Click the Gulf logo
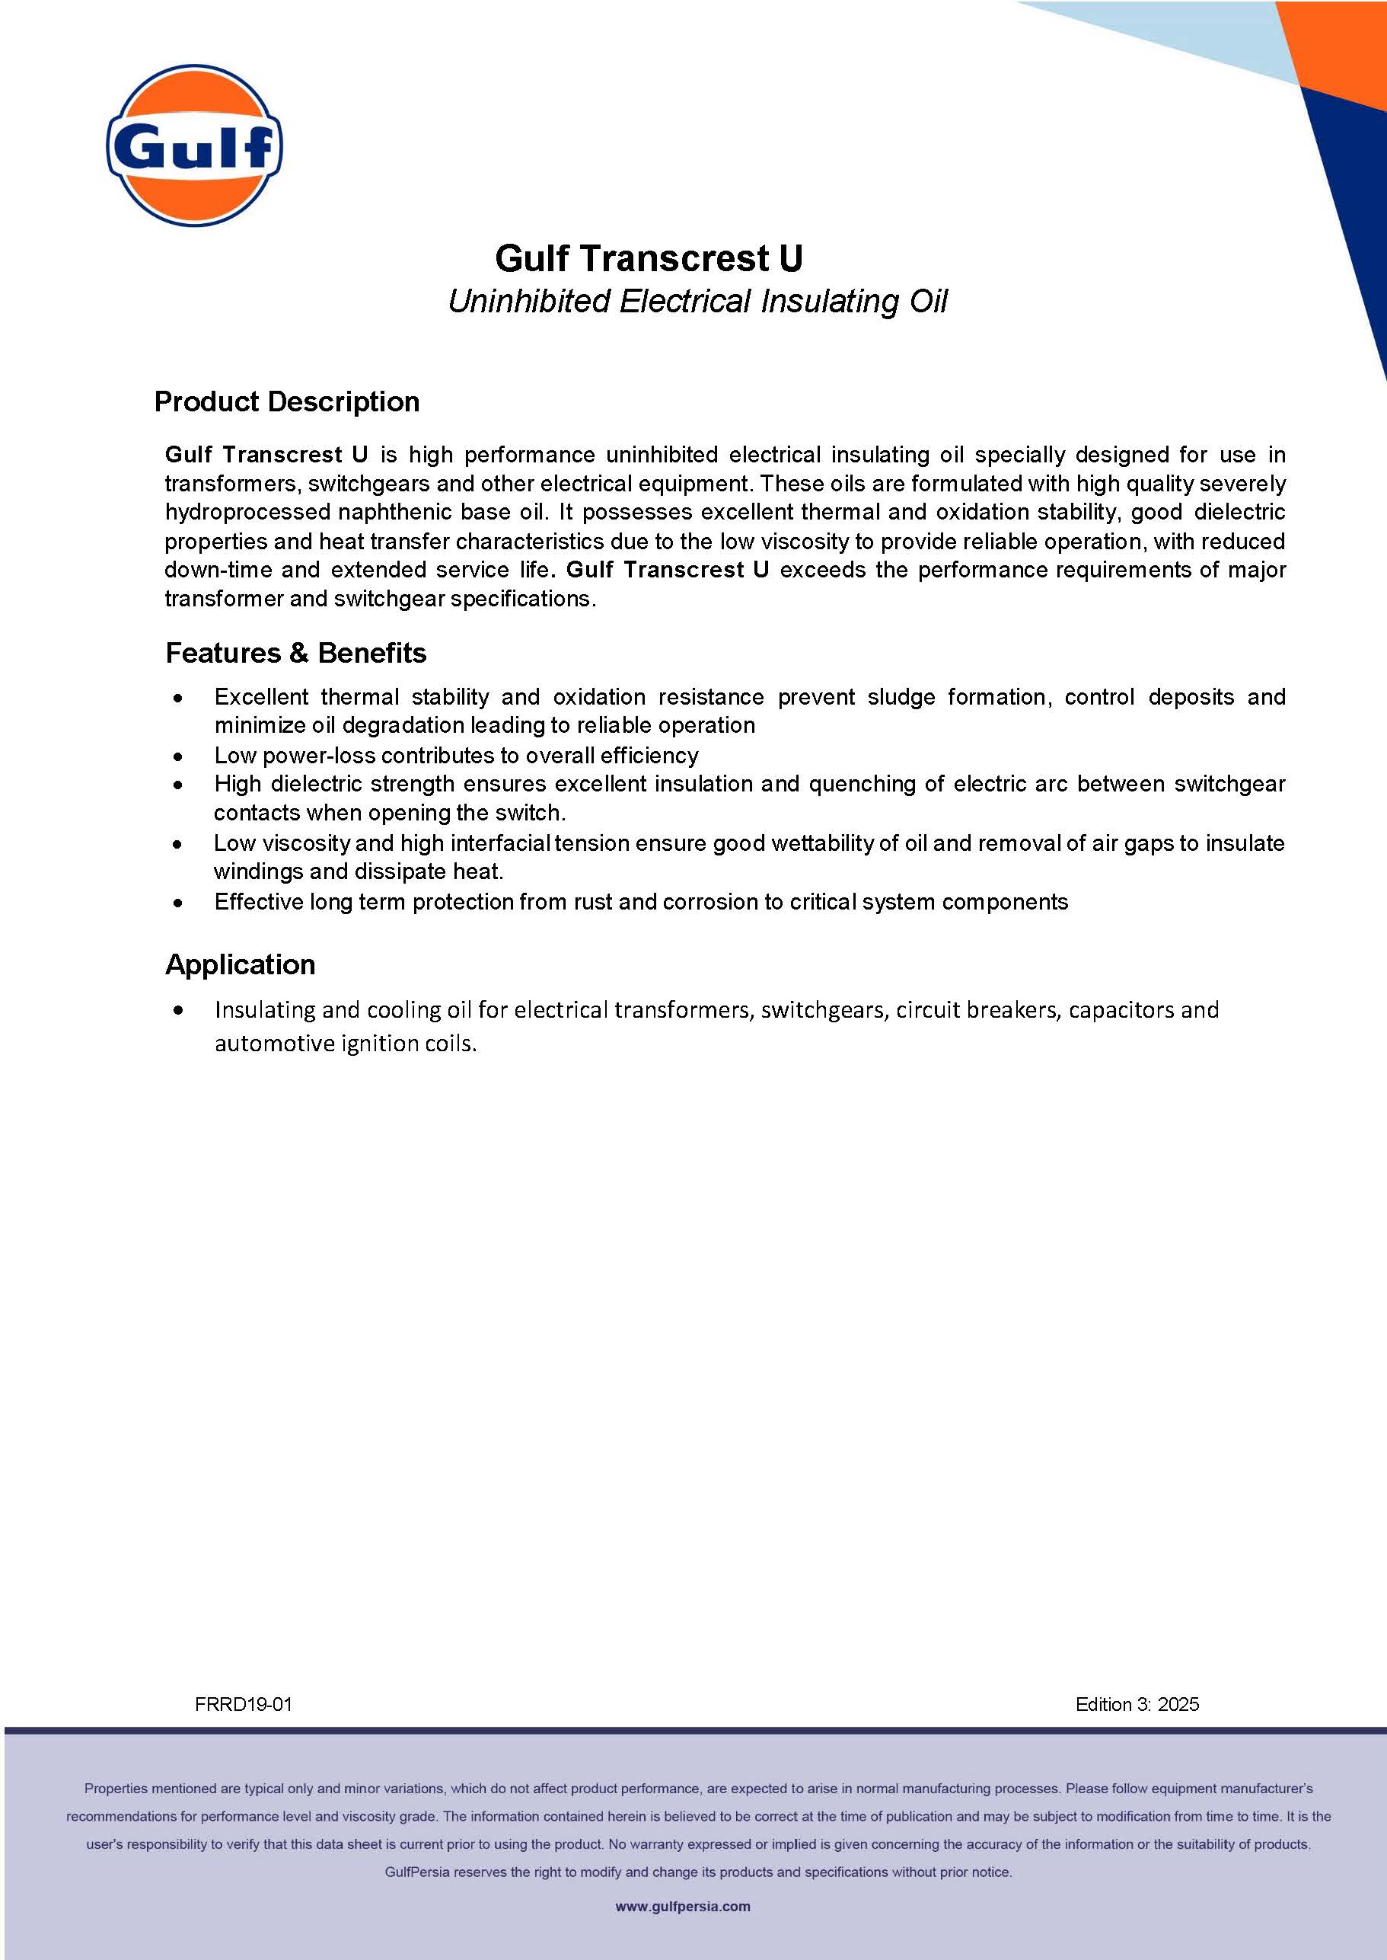click(194, 145)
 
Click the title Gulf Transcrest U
click(649, 258)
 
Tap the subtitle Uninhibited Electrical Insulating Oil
click(698, 301)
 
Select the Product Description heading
click(287, 401)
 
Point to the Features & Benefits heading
click(295, 653)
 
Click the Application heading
click(240, 964)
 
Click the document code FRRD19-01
click(244, 1705)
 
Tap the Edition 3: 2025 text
click(1137, 1705)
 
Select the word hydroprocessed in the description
click(245, 512)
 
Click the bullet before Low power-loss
click(177, 756)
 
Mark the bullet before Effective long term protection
click(177, 903)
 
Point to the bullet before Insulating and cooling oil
click(177, 1011)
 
